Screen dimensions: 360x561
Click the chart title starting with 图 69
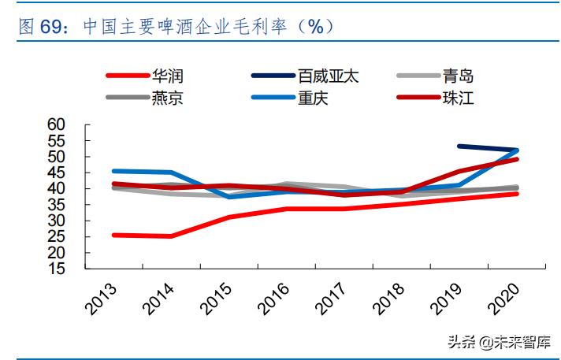click(173, 26)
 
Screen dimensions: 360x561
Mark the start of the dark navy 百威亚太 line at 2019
click(459, 146)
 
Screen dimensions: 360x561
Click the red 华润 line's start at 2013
click(113, 235)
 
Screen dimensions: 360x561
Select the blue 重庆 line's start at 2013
click(113, 171)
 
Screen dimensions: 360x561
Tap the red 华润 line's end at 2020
click(517, 194)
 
